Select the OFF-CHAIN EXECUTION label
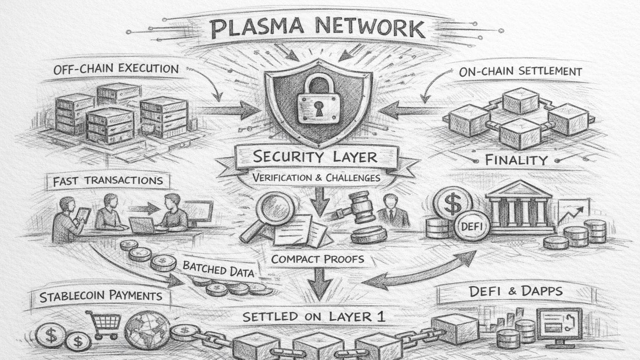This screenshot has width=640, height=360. click(x=116, y=69)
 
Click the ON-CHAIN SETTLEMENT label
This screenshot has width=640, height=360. click(x=520, y=71)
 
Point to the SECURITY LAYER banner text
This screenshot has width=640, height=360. click(x=315, y=157)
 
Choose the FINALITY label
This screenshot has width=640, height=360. click(x=516, y=160)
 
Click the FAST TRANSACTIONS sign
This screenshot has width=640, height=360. click(x=107, y=181)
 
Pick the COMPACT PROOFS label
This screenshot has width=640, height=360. click(x=317, y=259)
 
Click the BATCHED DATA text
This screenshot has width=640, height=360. click(x=218, y=269)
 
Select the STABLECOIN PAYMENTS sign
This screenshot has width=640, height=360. click(x=100, y=296)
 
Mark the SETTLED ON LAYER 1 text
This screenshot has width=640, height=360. click(x=313, y=317)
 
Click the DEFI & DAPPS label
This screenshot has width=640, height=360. click(x=515, y=291)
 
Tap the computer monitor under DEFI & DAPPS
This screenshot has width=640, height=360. click(x=559, y=323)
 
